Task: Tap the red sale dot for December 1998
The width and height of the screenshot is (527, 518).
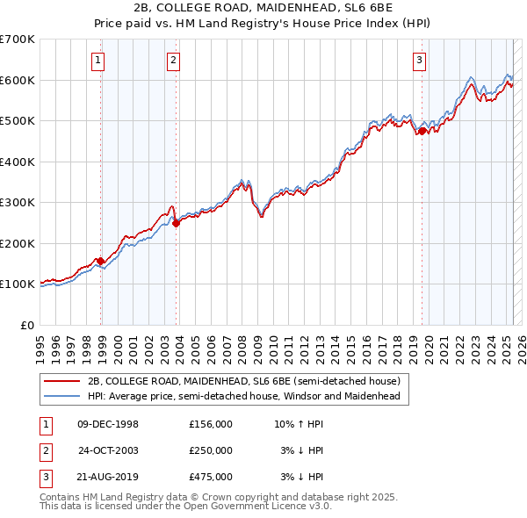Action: [101, 261]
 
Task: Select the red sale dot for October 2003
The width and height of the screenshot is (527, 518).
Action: [176, 223]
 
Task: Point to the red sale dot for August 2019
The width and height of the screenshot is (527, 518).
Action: [422, 131]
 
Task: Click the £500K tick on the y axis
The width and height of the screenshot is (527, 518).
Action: [17, 121]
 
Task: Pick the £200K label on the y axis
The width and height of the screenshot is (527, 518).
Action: [17, 243]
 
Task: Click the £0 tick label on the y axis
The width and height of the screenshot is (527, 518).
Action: [26, 325]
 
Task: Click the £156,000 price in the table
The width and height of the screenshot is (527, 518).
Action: [211, 424]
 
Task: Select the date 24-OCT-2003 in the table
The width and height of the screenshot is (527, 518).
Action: [109, 450]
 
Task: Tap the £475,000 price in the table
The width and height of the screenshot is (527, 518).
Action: [211, 477]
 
